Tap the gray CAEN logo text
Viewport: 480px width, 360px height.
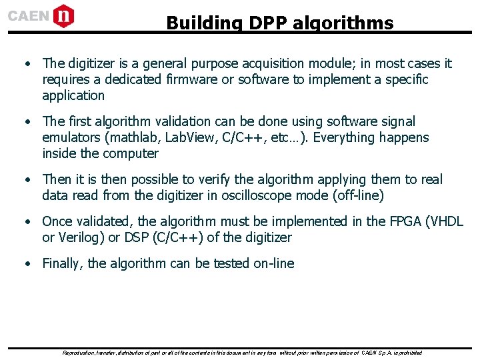pos(29,16)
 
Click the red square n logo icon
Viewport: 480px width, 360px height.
pos(63,15)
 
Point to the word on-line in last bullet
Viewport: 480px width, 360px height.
pos(273,263)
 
